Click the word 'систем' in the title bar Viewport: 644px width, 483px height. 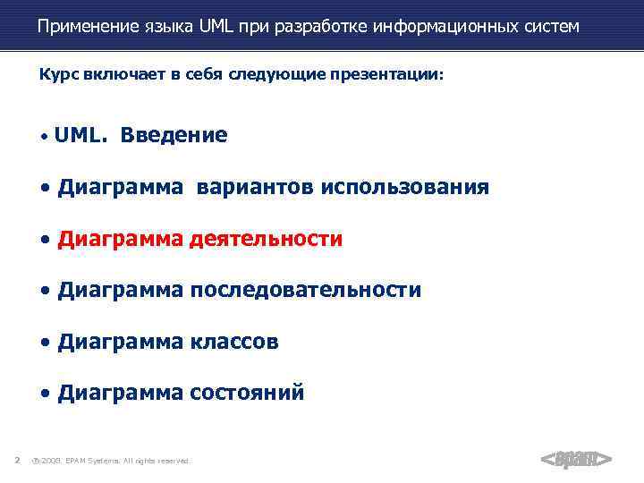point(547,27)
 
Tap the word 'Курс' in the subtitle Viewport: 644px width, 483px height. point(59,76)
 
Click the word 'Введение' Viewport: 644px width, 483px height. point(174,135)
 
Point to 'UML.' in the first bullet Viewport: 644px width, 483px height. point(81,135)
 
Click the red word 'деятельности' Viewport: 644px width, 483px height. point(266,239)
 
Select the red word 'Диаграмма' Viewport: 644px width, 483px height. point(121,239)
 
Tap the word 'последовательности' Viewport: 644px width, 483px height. point(305,290)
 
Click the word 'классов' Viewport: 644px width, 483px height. point(234,342)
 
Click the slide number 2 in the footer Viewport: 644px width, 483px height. point(17,461)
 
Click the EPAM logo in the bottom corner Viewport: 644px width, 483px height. point(576,460)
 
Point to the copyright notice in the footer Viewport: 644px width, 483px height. point(112,461)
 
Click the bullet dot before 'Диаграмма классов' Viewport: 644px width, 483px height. point(46,343)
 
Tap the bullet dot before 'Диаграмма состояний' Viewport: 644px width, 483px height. point(46,394)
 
